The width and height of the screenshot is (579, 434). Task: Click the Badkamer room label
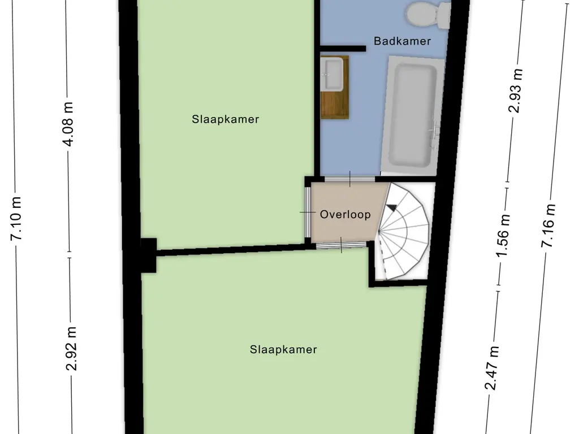[x=402, y=41]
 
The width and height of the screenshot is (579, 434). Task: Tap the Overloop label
[x=345, y=214]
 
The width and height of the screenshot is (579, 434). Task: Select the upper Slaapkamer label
[x=225, y=119]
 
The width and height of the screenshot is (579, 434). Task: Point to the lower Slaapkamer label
[x=283, y=349]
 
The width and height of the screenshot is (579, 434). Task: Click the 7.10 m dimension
[x=16, y=219]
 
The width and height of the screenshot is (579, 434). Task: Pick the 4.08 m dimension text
[x=68, y=124]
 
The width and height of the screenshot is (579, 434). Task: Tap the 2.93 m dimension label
[x=516, y=91]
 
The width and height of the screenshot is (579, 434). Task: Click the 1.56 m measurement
[x=503, y=236]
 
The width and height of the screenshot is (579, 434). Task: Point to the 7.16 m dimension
[x=548, y=225]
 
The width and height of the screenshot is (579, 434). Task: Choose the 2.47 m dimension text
[x=492, y=368]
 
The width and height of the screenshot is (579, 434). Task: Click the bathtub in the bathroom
[x=412, y=115]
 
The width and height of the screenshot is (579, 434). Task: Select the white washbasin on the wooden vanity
[x=332, y=74]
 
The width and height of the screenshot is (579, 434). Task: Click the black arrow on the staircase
[x=391, y=208]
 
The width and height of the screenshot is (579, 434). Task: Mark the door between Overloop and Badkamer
[x=349, y=179]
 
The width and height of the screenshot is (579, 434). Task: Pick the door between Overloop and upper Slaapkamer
[x=308, y=212]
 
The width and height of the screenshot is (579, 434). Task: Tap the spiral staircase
[x=403, y=231]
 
